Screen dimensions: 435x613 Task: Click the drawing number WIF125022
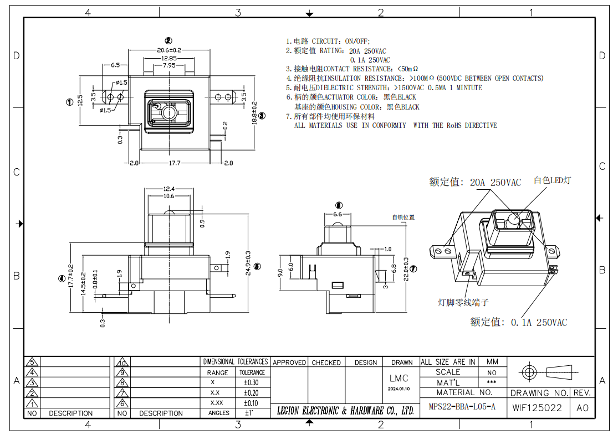[x=537, y=408]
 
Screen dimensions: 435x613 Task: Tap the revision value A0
[x=582, y=408]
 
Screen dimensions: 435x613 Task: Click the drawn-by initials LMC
[x=399, y=379]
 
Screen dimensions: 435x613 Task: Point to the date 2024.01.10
[x=399, y=389]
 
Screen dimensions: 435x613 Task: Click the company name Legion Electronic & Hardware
[x=345, y=411]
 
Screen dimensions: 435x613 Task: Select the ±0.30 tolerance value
[x=251, y=382]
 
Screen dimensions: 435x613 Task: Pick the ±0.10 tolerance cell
[x=251, y=403]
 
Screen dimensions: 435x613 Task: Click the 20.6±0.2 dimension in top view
[x=169, y=50]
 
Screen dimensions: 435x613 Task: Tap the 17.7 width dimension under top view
[x=175, y=163]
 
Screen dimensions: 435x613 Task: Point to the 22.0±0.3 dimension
[x=406, y=269]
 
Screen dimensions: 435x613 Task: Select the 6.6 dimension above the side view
[x=338, y=214]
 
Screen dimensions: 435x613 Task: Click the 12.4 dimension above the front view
[x=169, y=189]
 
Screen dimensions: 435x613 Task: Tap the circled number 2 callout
[x=168, y=40]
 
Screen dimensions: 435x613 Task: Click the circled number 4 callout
[x=62, y=278]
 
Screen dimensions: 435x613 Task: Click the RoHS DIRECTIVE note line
[x=395, y=126]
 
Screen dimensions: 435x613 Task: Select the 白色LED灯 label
[x=552, y=180]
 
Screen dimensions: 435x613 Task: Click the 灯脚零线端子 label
[x=463, y=302]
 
